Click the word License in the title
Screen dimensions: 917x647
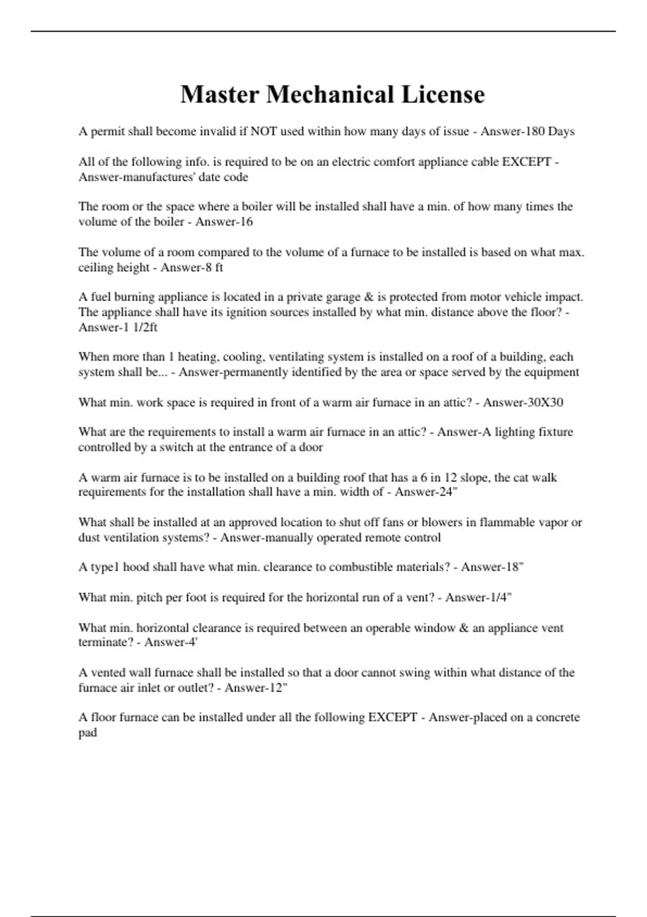tap(442, 94)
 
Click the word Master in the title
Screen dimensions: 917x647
tap(219, 94)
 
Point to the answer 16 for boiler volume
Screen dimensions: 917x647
tap(246, 222)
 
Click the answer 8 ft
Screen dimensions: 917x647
tap(214, 267)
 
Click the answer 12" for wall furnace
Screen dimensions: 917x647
tap(279, 688)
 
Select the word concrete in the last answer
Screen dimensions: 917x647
tap(549, 717)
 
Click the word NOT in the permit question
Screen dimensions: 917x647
tap(264, 132)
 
